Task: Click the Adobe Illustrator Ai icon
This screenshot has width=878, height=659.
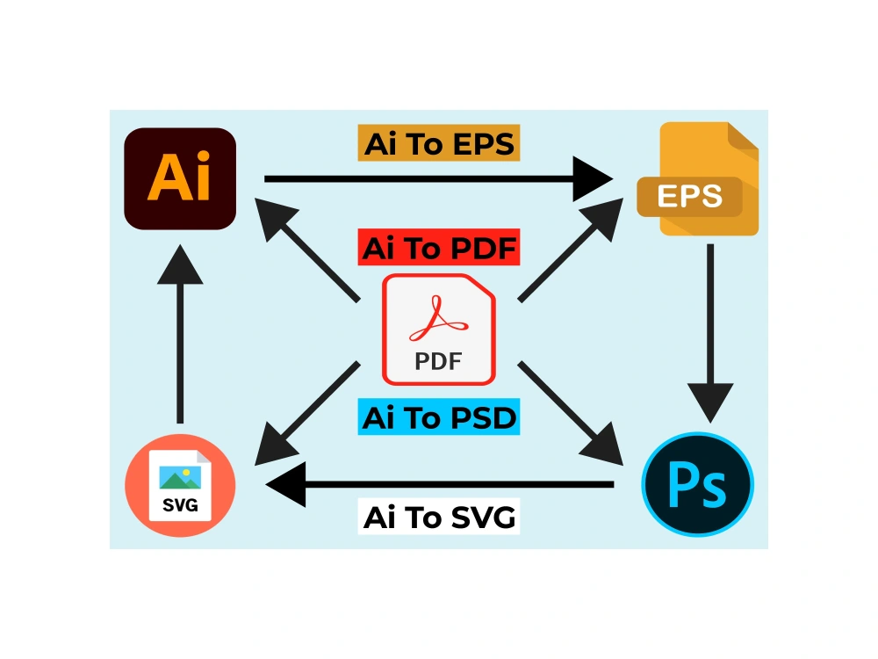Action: pyautogui.click(x=180, y=178)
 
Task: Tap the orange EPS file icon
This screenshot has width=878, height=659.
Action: pyautogui.click(x=698, y=178)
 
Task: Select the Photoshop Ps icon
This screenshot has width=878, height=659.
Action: pyautogui.click(x=697, y=484)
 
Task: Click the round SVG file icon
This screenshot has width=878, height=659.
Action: pyautogui.click(x=180, y=485)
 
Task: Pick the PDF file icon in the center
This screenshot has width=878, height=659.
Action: pyautogui.click(x=438, y=329)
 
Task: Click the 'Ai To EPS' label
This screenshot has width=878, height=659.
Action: pyautogui.click(x=439, y=143)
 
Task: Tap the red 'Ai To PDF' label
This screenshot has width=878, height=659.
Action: pyautogui.click(x=439, y=247)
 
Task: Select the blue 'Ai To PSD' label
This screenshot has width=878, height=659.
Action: pyautogui.click(x=439, y=416)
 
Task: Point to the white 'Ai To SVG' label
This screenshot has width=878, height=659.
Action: pyautogui.click(x=439, y=516)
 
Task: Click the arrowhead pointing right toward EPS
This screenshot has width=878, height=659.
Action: pyautogui.click(x=591, y=178)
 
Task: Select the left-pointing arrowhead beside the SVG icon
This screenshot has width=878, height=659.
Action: pyautogui.click(x=287, y=484)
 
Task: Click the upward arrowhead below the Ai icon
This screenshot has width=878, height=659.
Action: pyautogui.click(x=180, y=265)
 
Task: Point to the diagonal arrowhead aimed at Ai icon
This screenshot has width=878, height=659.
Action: pyautogui.click(x=273, y=217)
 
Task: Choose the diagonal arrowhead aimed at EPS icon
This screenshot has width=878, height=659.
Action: pyautogui.click(x=605, y=217)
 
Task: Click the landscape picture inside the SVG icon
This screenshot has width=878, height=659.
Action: pyautogui.click(x=180, y=478)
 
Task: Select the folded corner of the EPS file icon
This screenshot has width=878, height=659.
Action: pyautogui.click(x=743, y=136)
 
